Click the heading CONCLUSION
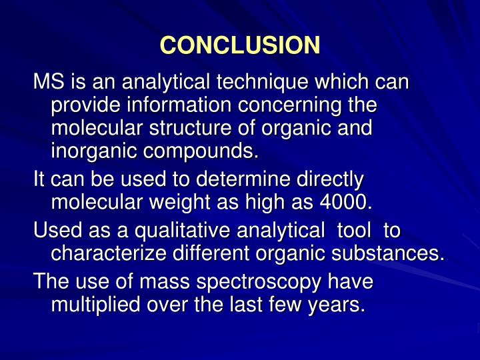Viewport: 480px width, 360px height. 240,45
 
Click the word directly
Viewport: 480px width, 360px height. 329,179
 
